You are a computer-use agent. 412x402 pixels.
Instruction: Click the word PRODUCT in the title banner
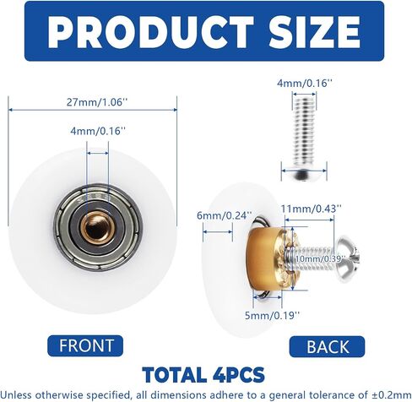pyautogui.click(x=150, y=31)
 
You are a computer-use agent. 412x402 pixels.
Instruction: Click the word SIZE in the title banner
pyautogui.click(x=314, y=31)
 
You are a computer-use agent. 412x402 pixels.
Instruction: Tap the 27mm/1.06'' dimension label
pyautogui.click(x=97, y=102)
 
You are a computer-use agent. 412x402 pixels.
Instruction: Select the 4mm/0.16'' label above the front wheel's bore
pyautogui.click(x=98, y=131)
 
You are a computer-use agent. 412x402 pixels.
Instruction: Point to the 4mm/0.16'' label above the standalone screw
pyautogui.click(x=305, y=84)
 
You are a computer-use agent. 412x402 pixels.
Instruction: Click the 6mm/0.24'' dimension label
pyautogui.click(x=224, y=215)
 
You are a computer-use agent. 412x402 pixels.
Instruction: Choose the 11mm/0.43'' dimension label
pyautogui.click(x=312, y=209)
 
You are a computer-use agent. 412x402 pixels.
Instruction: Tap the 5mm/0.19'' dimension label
pyautogui.click(x=272, y=315)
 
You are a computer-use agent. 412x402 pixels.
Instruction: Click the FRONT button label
pyautogui.click(x=86, y=345)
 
